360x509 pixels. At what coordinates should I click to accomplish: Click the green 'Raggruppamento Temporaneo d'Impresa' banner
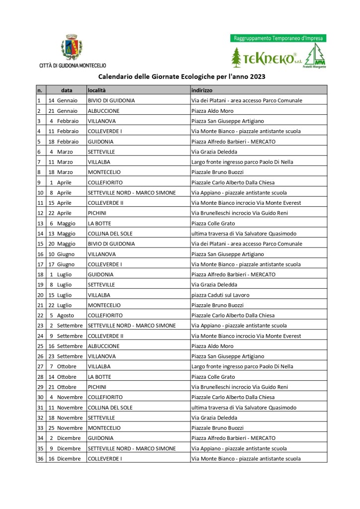[x=278, y=38]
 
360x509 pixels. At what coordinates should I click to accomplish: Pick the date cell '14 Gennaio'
[x=63, y=100]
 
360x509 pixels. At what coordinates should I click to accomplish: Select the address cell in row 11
[x=246, y=203]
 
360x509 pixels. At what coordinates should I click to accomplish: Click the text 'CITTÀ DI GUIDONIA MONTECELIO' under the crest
[x=72, y=65]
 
